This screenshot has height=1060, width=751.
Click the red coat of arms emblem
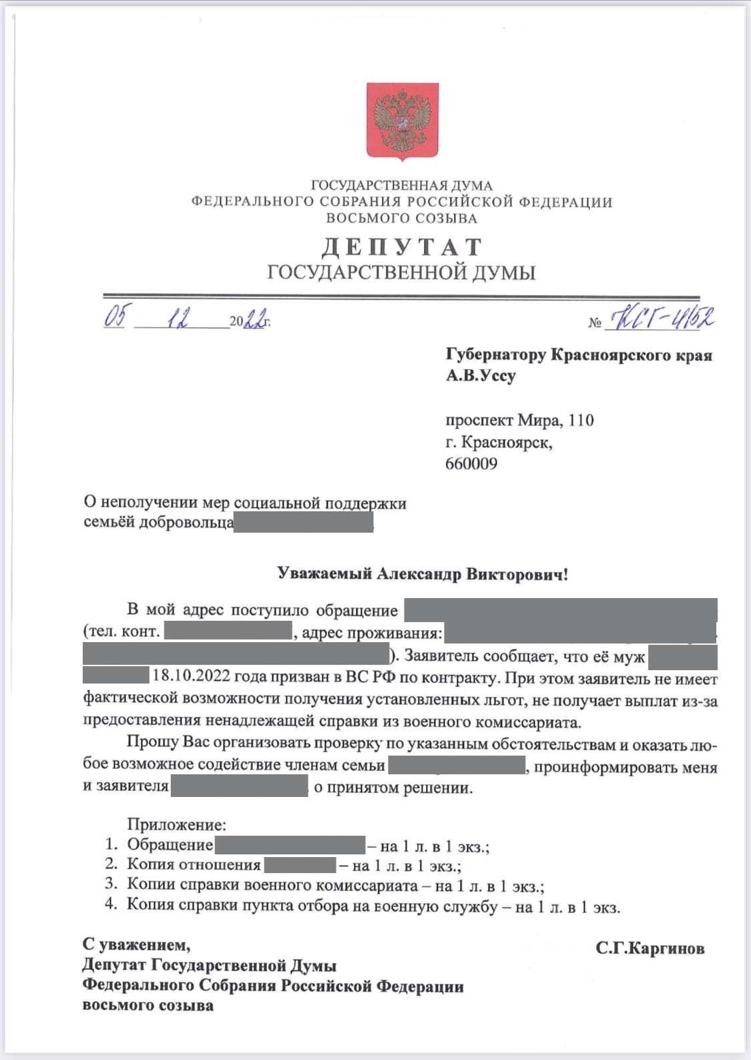click(x=403, y=121)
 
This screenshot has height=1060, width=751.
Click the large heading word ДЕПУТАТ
click(x=401, y=248)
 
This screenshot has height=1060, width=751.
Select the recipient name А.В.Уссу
click(x=481, y=376)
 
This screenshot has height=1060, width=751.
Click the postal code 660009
click(x=471, y=464)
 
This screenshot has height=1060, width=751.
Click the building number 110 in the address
click(x=581, y=421)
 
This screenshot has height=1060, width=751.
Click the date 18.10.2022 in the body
click(x=192, y=677)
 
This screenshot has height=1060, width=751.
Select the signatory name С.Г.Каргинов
click(x=650, y=949)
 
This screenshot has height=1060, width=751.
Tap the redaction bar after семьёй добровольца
click(x=303, y=523)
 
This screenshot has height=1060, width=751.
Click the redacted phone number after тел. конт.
click(x=228, y=631)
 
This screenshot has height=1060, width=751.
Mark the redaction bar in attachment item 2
click(x=300, y=866)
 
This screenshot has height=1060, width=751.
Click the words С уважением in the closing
click(x=136, y=945)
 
